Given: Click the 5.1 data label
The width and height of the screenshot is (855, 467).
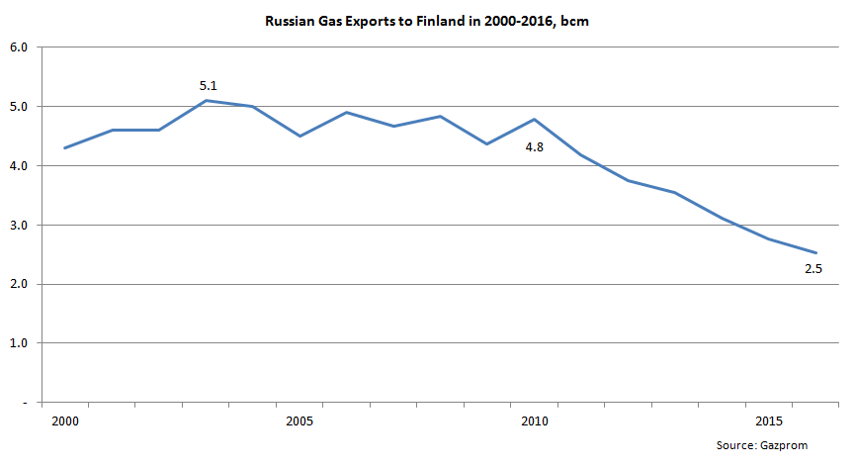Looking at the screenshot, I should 208,86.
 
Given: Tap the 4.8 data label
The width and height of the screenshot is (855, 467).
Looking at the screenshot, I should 534,148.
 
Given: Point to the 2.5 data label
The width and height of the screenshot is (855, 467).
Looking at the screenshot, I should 813,269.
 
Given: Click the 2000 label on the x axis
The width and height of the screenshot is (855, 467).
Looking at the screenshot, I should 64,421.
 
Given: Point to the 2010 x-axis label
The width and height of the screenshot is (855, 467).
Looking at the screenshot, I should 534,421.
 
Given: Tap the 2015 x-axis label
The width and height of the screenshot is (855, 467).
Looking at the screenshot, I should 768,421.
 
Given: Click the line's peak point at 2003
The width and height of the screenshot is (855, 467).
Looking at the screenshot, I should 205,100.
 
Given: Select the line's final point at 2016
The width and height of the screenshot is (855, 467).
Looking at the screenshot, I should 814,253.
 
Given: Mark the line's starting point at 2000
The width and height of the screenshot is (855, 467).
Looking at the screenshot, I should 64,148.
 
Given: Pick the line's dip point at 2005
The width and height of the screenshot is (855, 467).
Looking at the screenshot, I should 299,136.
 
